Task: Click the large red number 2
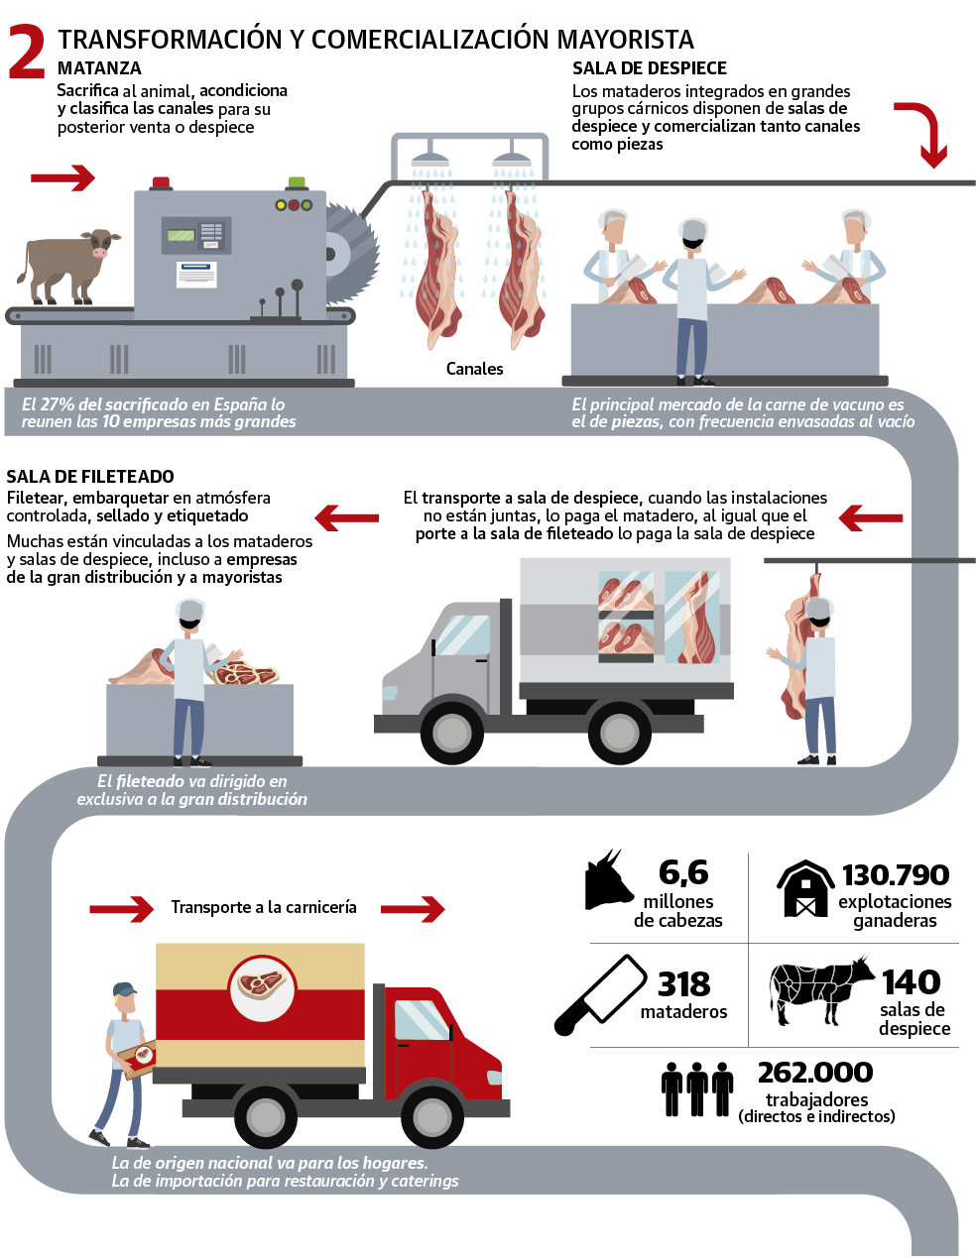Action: pos(27,52)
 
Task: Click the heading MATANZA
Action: pos(99,68)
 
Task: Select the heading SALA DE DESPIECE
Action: pos(650,68)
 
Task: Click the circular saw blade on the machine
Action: pos(349,254)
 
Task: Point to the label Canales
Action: pos(474,369)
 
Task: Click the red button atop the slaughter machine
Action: pos(160,182)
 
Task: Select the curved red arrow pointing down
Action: pos(924,133)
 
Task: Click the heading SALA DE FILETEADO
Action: pos(90,477)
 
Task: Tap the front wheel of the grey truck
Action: pos(451,733)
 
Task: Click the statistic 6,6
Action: pos(683,872)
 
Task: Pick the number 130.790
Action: pos(895,875)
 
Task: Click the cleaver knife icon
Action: pos(600,994)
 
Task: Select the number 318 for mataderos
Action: pos(683,984)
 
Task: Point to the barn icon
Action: pos(804,888)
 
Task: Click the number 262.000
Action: pos(815,1073)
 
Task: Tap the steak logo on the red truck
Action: pos(262,986)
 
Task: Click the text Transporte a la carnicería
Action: pos(263,907)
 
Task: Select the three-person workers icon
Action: pos(697,1088)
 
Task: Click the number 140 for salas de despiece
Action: pos(911,982)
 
